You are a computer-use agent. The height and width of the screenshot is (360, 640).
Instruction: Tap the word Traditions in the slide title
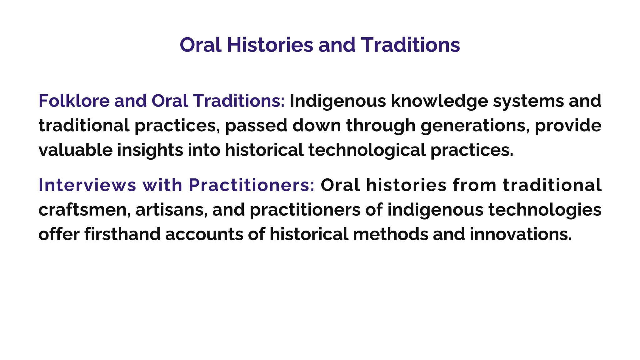pyautogui.click(x=411, y=45)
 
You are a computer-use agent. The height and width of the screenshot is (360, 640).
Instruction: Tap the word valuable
pyautogui.click(x=75, y=150)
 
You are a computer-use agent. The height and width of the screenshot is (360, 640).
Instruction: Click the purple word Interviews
pyautogui.click(x=87, y=185)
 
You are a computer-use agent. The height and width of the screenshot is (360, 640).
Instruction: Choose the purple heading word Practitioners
pyautogui.click(x=252, y=185)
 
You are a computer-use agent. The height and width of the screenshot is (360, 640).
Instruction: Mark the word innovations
pyautogui.click(x=521, y=234)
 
